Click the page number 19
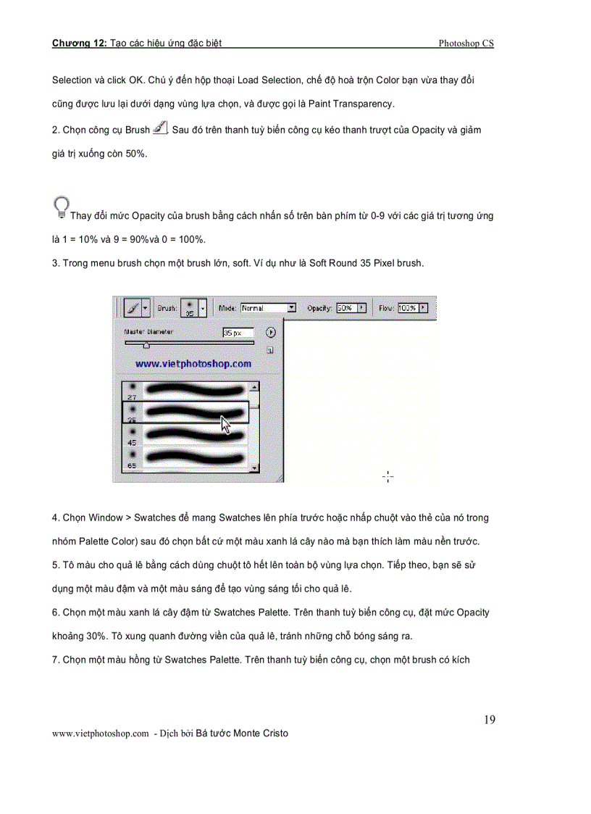(490, 720)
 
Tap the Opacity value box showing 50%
(346, 308)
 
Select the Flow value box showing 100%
(407, 308)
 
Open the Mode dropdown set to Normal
(268, 308)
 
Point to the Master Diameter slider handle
(146, 346)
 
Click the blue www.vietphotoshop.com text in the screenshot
(193, 364)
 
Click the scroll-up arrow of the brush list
(253, 387)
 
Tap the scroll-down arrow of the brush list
(253, 469)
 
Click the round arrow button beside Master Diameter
(271, 333)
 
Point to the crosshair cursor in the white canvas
(388, 476)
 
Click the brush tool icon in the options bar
(133, 308)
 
